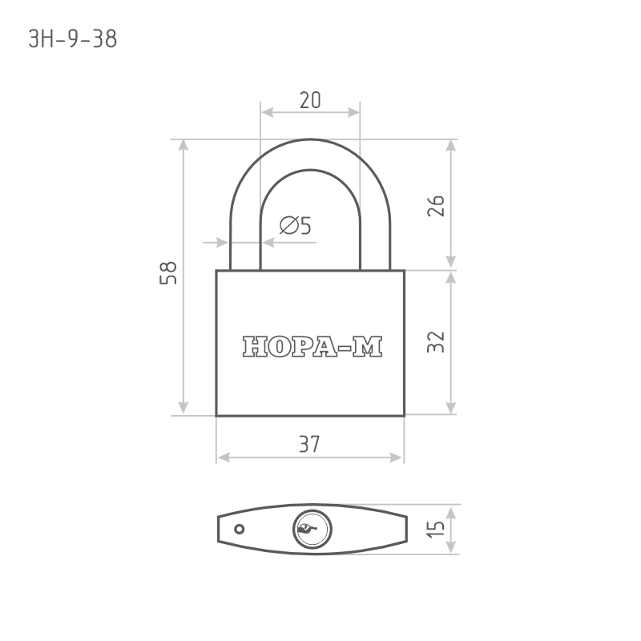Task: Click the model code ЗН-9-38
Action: coord(73,39)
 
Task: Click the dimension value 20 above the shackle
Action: coord(310,100)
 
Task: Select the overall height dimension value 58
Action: coord(168,272)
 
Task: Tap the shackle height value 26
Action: coord(436,206)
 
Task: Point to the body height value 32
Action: coord(436,342)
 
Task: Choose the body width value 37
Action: coord(309,445)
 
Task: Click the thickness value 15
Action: coord(436,529)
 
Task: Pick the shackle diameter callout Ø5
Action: coord(295,225)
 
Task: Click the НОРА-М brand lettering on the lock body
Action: coord(312,347)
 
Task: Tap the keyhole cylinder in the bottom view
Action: coord(312,529)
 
